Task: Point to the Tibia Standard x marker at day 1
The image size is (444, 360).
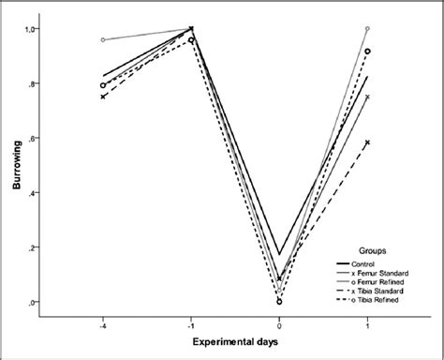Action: pos(367,142)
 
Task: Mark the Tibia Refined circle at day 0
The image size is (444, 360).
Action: pos(279,302)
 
